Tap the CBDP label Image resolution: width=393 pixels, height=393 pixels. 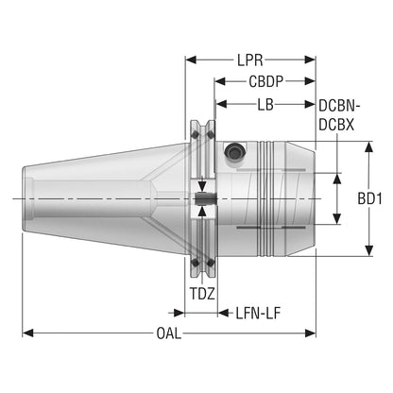(265, 81)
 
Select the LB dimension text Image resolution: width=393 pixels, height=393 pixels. (265, 105)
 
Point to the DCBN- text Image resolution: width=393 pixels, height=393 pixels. (339, 106)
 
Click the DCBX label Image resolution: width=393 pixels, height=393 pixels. (336, 125)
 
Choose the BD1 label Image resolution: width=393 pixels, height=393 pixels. (369, 198)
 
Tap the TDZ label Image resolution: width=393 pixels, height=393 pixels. (202, 294)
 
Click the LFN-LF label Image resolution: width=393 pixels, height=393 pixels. (258, 314)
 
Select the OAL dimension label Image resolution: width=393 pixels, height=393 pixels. (169, 333)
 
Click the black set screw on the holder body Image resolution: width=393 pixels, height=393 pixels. (234, 153)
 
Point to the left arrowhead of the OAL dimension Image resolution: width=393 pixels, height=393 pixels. (27, 333)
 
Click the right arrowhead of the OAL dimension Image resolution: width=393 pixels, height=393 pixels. (310, 333)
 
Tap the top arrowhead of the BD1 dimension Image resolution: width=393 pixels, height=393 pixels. (368, 146)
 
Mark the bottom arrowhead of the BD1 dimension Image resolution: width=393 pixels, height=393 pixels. (368, 250)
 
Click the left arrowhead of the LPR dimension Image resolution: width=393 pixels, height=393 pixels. (191, 60)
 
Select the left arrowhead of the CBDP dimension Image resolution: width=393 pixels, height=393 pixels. (220, 81)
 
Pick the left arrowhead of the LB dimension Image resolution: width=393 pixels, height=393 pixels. (222, 104)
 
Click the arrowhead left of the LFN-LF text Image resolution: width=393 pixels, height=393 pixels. (223, 313)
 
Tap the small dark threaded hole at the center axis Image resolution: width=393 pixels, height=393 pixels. (205, 198)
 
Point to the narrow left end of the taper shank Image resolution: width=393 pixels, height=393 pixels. (24, 198)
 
